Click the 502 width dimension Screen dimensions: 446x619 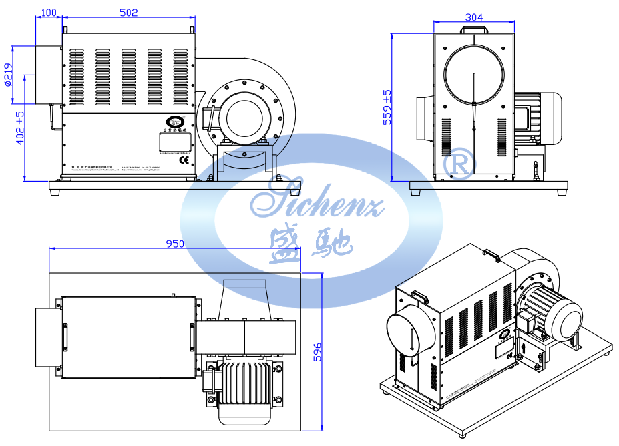[x=128, y=12]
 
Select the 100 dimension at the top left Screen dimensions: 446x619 [x=49, y=12]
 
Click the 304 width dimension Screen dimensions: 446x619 [x=473, y=17]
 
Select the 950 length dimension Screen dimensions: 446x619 [x=174, y=244]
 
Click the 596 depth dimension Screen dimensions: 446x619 [x=318, y=352]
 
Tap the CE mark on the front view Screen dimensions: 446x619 [x=183, y=158]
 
